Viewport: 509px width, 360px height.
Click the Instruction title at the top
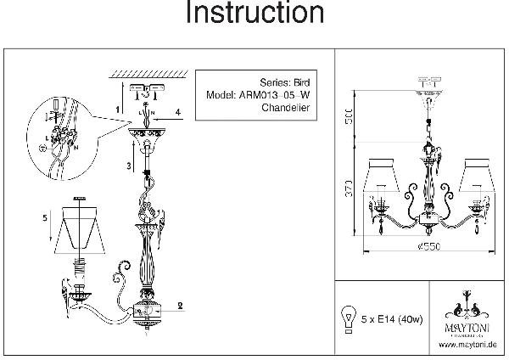254,14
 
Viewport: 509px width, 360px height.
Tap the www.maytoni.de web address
467,345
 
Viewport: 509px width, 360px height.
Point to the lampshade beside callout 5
81,228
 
